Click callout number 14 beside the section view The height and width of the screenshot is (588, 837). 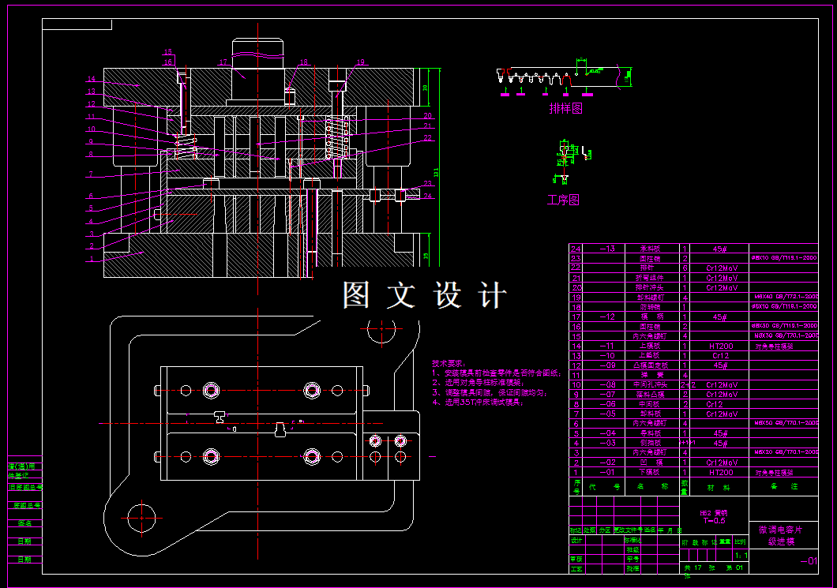pos(91,79)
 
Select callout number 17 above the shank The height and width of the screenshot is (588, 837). pos(223,62)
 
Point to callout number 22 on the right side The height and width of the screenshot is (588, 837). pos(428,138)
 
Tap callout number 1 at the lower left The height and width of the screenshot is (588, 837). pos(92,258)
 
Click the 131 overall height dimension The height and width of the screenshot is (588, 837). pos(435,172)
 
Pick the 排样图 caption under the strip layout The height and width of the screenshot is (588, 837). pos(566,109)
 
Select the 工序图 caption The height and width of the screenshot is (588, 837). pos(563,200)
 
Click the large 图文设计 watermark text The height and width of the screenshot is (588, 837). pos(424,296)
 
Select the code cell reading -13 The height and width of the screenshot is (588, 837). pos(608,249)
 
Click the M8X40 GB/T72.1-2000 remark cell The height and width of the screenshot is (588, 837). pos(786,297)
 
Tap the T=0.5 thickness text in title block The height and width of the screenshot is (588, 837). pos(713,521)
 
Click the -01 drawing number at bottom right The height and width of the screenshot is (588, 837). pos(809,561)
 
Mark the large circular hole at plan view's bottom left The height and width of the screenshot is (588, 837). pos(144,519)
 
